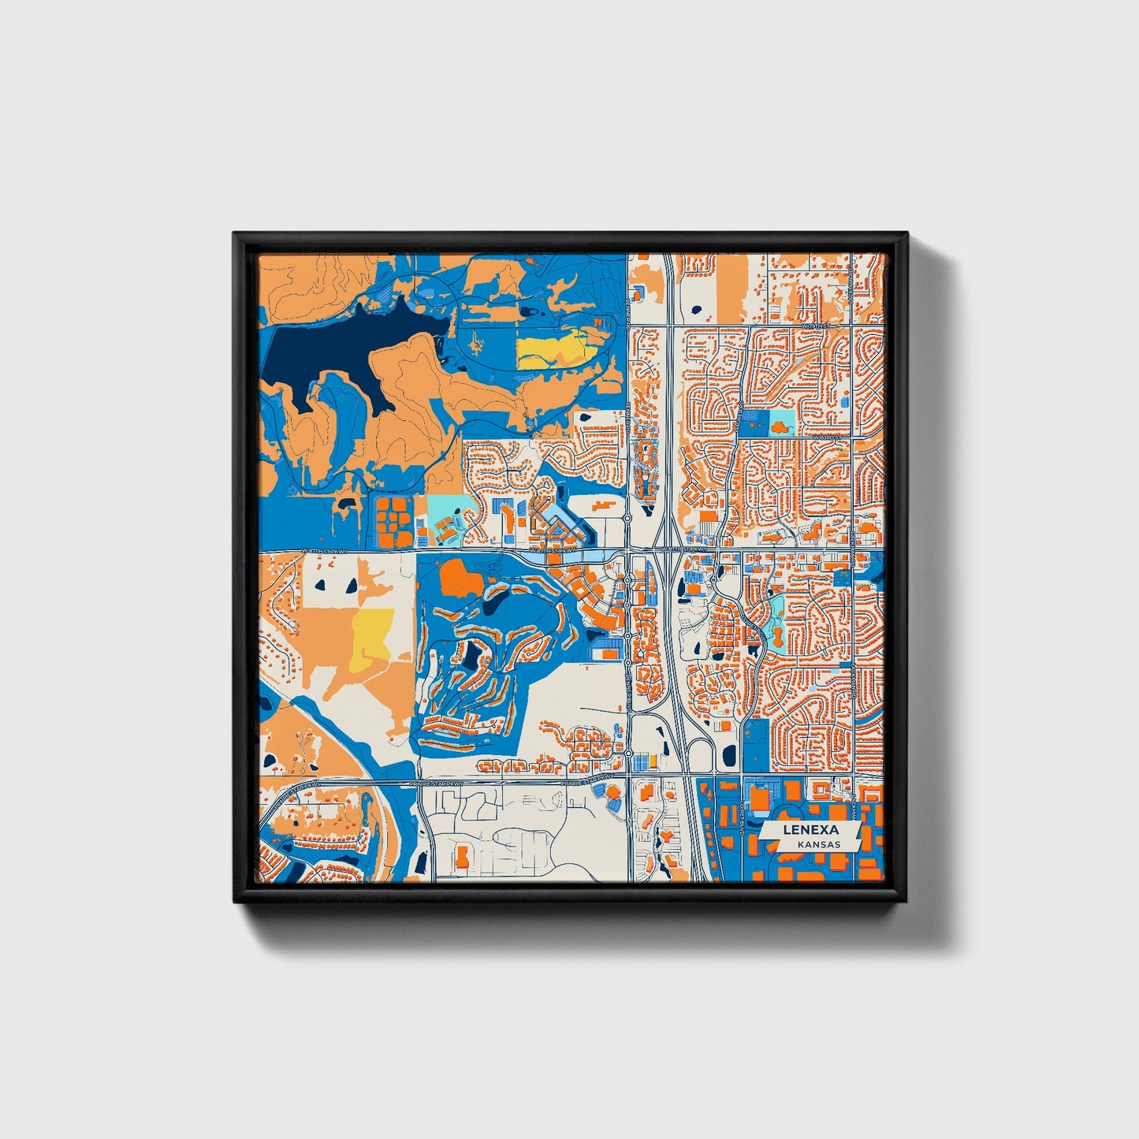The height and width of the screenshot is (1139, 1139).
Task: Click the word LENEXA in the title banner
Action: pos(810,830)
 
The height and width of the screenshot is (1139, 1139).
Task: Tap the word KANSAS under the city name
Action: pos(817,844)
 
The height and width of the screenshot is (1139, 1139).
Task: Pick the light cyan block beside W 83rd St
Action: pos(782,419)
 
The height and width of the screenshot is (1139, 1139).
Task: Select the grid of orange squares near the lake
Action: pos(393,521)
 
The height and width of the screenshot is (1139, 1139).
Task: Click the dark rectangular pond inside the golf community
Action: pos(472,654)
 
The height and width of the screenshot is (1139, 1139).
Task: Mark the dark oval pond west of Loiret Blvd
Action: pos(728,756)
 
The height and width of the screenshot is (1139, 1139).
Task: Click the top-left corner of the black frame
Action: pos(235,234)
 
